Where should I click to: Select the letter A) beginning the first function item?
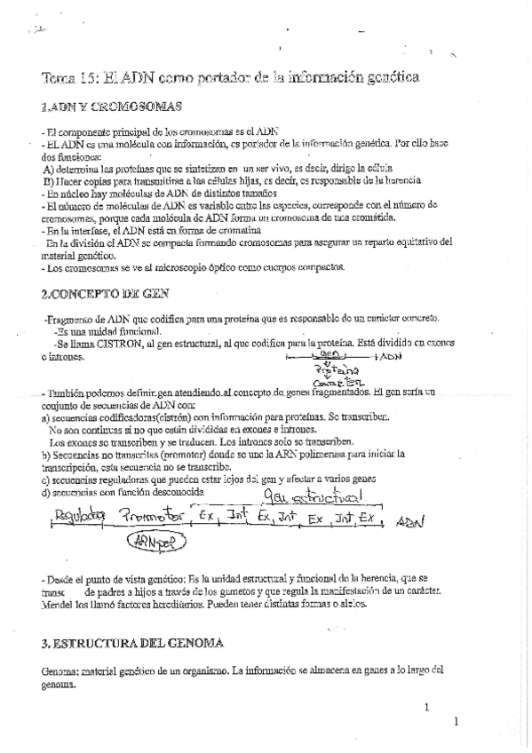(x=48, y=168)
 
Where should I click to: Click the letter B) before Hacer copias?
(x=48, y=180)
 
